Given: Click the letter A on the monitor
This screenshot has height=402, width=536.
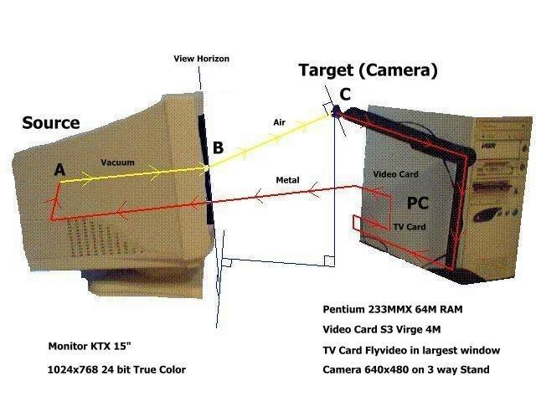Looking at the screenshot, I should coord(59,170).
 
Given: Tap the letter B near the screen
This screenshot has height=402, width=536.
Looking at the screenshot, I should coord(218,148).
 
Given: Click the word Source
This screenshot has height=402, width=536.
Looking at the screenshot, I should coord(50,123).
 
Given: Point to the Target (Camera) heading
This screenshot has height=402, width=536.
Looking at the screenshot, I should coord(368,70).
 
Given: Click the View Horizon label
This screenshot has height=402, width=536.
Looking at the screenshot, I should coord(201,59).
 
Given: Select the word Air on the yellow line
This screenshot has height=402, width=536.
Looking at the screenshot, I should coord(280,122).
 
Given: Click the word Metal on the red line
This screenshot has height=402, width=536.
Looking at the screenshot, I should coord(287,180).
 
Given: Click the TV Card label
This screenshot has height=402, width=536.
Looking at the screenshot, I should coord(410,227).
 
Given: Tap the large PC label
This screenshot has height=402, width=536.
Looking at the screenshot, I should coord(419,204).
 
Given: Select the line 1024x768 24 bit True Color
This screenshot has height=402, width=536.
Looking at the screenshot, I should coord(117,369).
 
